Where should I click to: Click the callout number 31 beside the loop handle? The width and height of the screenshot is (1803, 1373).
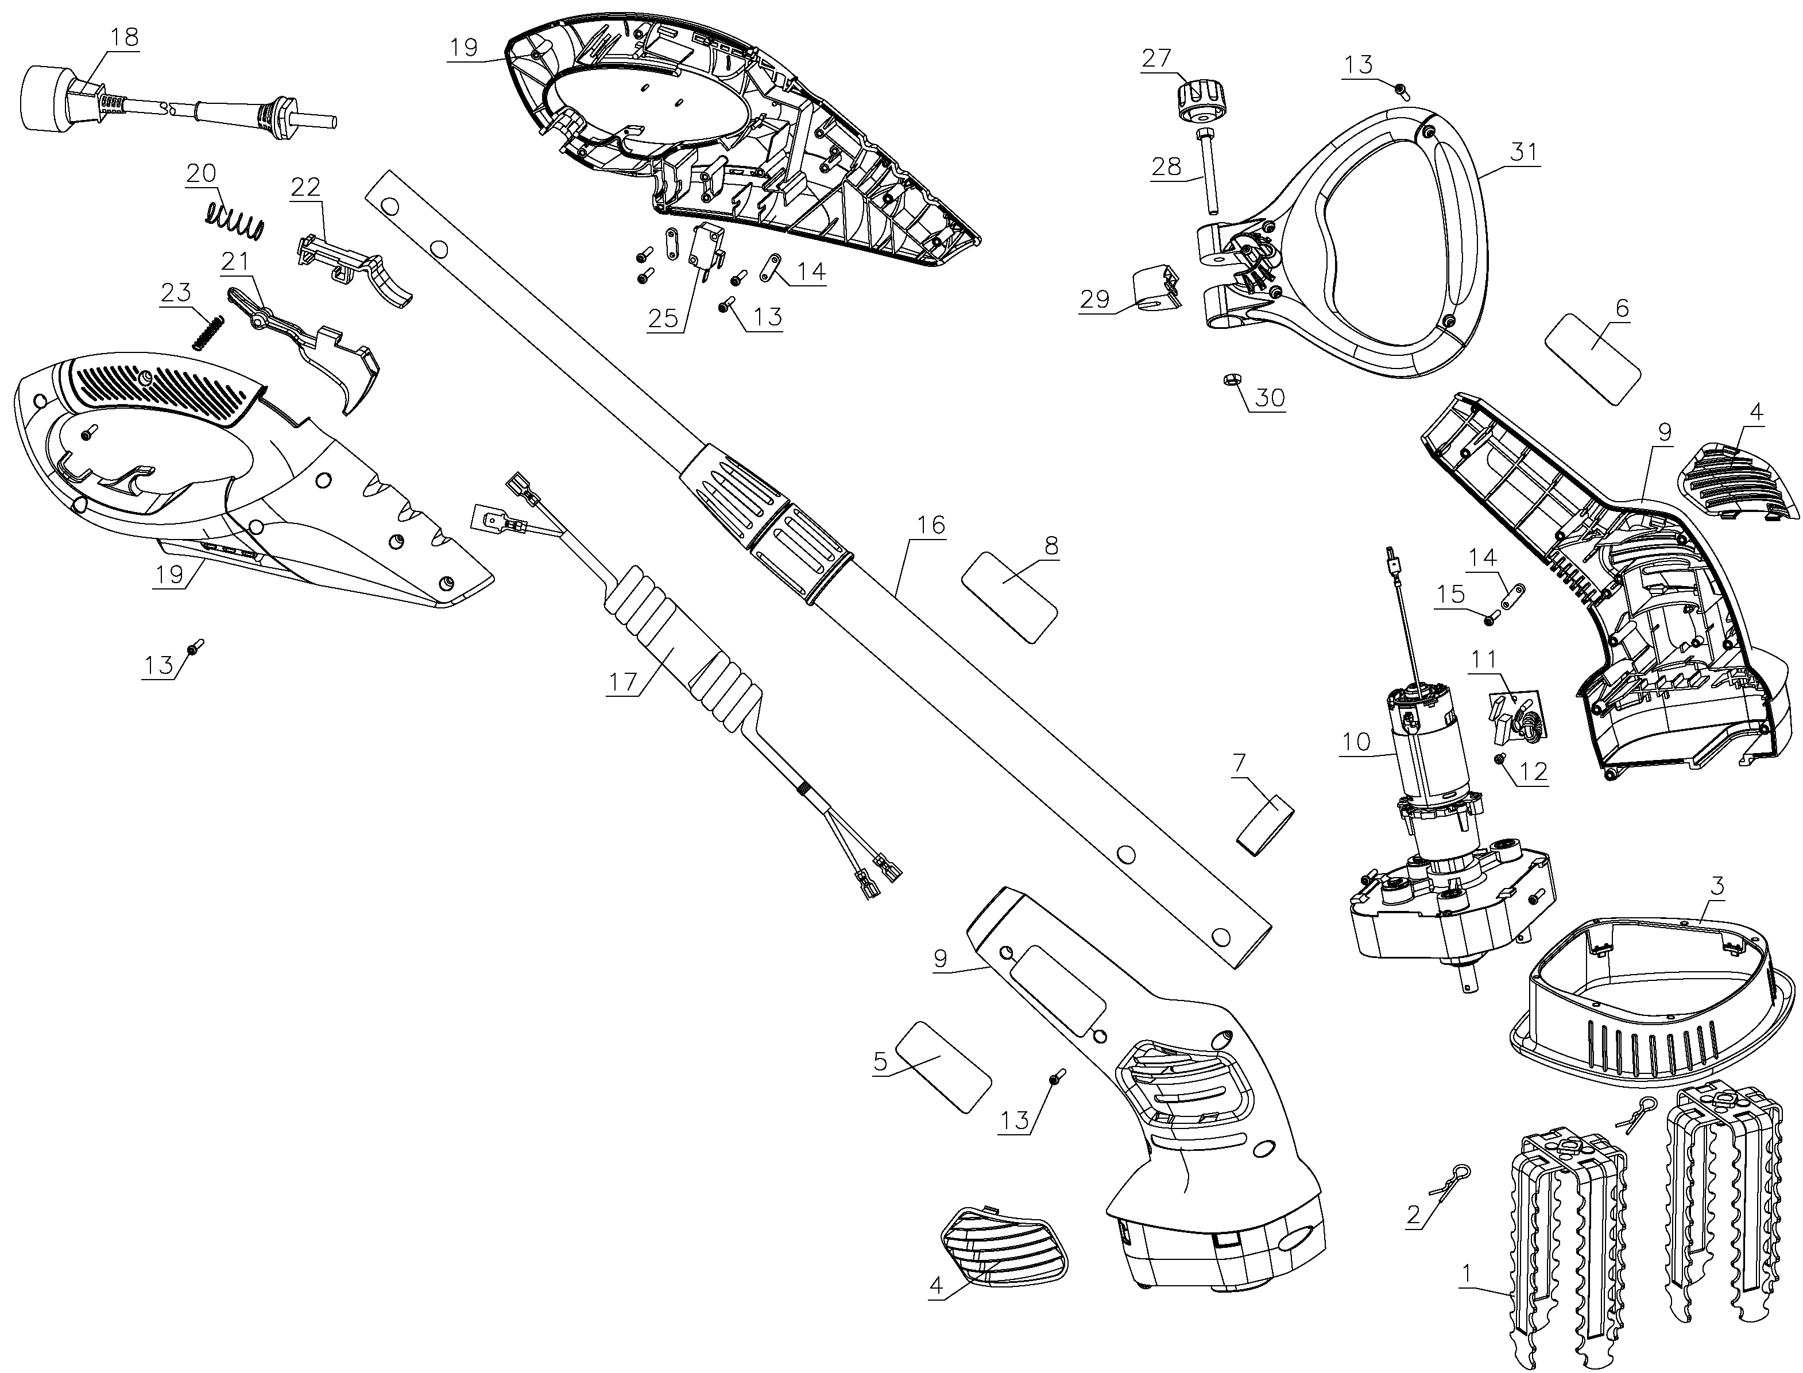point(1523,152)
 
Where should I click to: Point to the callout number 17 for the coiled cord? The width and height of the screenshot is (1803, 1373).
point(623,681)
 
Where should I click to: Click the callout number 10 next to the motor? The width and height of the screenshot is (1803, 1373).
point(1356,742)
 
